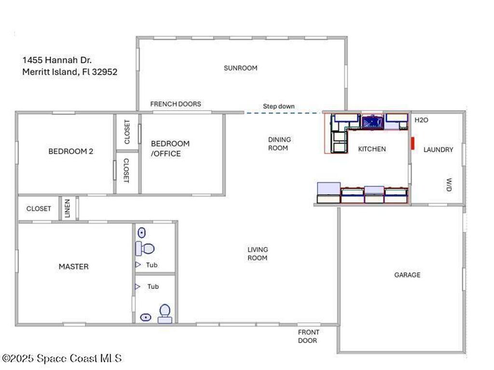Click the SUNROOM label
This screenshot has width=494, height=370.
[240, 68]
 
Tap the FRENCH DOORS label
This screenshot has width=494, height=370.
[176, 104]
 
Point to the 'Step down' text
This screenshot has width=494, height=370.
[278, 106]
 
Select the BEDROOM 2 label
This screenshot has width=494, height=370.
[71, 151]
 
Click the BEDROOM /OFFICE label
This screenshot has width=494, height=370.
[170, 148]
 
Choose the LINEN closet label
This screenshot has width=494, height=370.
[68, 208]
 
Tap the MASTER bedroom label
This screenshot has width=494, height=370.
[73, 266]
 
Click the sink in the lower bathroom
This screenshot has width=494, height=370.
[146, 317]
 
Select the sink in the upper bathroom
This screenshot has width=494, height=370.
[141, 233]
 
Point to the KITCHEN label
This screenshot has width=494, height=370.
[371, 149]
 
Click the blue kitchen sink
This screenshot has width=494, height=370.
[372, 122]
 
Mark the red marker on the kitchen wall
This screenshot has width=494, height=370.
[413, 144]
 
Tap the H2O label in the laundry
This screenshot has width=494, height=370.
[421, 120]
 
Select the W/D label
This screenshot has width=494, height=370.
[449, 185]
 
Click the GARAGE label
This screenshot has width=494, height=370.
[407, 275]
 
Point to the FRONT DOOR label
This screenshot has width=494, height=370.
[308, 336]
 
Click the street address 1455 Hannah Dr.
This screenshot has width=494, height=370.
[57, 60]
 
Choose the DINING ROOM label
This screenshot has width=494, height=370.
[279, 144]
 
